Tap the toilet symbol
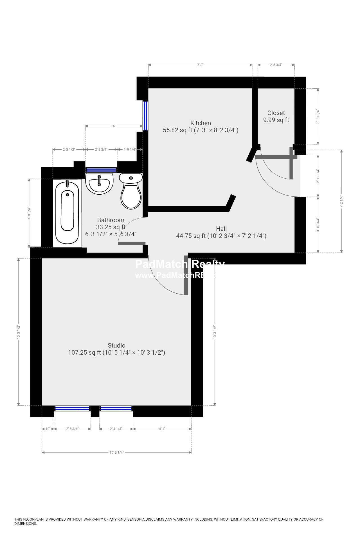click(x=131, y=191)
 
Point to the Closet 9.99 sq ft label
click(x=276, y=116)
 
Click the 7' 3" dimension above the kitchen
click(x=200, y=65)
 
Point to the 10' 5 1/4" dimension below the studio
click(x=116, y=453)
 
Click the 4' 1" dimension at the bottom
click(x=162, y=429)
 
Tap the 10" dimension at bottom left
click(x=48, y=429)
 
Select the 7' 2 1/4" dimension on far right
click(x=342, y=201)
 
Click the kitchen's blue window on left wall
click(x=145, y=116)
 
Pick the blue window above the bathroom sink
click(x=101, y=170)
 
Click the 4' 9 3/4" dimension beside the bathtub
click(x=29, y=213)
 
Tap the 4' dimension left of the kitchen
click(x=114, y=126)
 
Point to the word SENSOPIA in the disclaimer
click(x=136, y=519)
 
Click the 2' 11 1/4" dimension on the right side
click(x=318, y=176)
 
